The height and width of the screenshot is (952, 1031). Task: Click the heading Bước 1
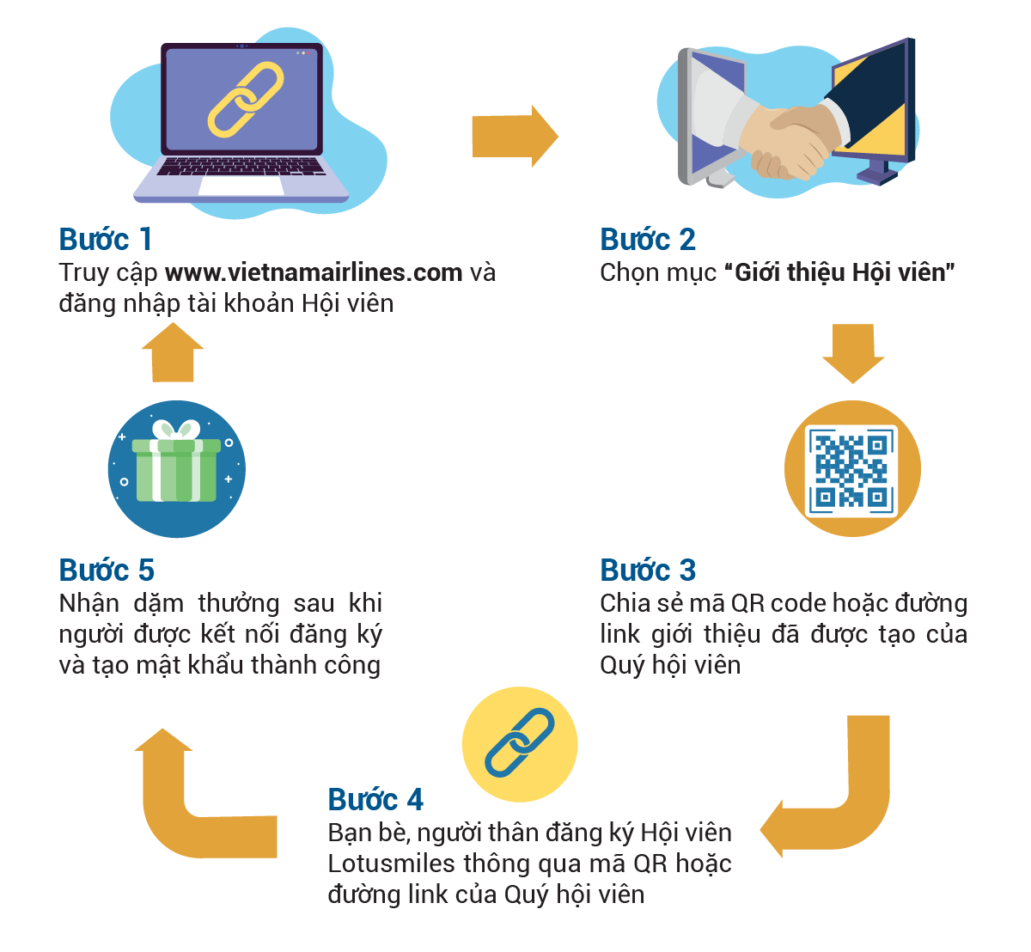[x=105, y=239]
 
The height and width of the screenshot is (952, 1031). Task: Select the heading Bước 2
[x=648, y=239]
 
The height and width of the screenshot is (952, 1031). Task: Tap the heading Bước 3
[x=648, y=570]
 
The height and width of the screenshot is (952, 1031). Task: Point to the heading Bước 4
[x=375, y=799]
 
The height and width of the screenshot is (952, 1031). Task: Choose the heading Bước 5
[x=107, y=570]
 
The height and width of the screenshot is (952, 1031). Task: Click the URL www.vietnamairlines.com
[x=314, y=272]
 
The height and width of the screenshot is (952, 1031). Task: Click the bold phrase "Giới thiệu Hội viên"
[x=840, y=272]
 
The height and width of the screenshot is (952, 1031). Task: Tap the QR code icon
[x=852, y=469]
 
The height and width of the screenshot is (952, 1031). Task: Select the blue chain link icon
[x=520, y=743]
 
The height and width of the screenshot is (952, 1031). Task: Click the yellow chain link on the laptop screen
[x=246, y=99]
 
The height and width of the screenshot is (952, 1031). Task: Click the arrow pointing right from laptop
[x=515, y=136]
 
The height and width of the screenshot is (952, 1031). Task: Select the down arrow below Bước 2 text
[x=853, y=352]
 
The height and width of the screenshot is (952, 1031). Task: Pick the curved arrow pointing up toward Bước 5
[x=189, y=799]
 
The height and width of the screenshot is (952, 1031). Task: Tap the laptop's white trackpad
[x=241, y=186]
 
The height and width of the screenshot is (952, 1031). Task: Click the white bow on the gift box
[x=175, y=430]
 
